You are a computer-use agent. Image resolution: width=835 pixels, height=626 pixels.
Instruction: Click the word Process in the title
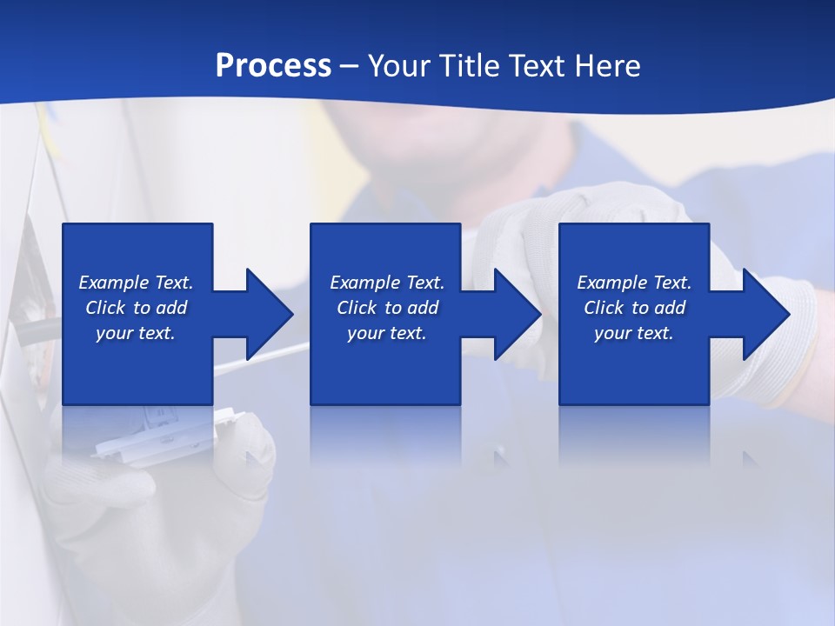tap(273, 66)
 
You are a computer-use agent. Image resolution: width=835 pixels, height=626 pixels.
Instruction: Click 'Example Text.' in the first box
tap(136, 283)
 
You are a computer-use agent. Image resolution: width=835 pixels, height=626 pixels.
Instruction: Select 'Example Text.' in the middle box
tap(387, 283)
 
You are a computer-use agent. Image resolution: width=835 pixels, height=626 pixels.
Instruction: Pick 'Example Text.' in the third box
tap(634, 283)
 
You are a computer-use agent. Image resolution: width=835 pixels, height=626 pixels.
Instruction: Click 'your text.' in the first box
tap(136, 333)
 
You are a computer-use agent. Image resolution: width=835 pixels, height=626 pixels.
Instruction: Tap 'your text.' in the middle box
tap(387, 333)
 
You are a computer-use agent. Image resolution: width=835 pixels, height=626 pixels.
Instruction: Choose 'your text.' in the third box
tap(634, 333)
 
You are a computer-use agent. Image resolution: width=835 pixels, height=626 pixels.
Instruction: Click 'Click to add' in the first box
tap(136, 308)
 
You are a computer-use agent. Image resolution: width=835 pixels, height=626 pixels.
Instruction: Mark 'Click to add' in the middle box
tap(387, 308)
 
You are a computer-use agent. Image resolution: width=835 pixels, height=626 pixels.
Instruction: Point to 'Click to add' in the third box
tap(634, 308)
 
